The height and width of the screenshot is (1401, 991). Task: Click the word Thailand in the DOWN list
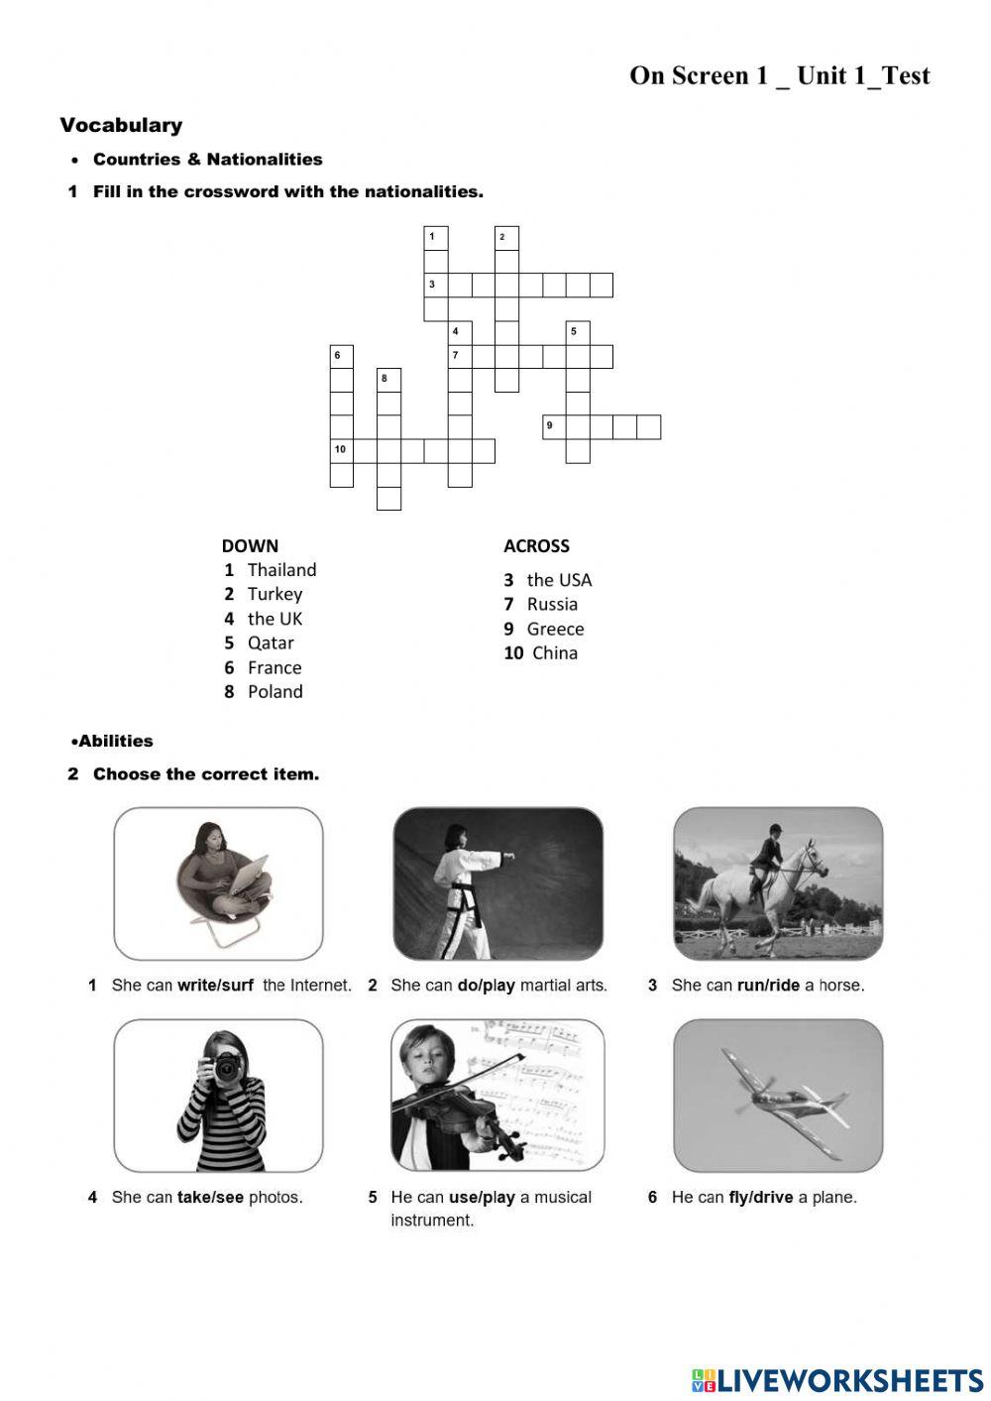pyautogui.click(x=281, y=570)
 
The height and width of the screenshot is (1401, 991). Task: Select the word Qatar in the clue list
pyautogui.click(x=271, y=642)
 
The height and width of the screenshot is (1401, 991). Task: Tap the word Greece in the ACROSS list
pyautogui.click(x=555, y=629)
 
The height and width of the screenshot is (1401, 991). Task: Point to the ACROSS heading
pyautogui.click(x=536, y=545)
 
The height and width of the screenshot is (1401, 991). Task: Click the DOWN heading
pyautogui.click(x=250, y=545)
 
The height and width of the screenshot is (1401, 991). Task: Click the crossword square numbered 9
pyautogui.click(x=554, y=427)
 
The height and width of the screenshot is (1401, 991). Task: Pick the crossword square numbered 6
pyautogui.click(x=341, y=356)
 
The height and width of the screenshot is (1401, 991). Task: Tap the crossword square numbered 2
pyautogui.click(x=506, y=238)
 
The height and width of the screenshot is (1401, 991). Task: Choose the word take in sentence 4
pyautogui.click(x=194, y=1198)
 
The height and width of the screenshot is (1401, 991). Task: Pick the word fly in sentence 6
pyautogui.click(x=738, y=1198)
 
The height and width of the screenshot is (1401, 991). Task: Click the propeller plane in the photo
pyautogui.click(x=783, y=1096)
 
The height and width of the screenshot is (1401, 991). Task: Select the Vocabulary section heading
pyautogui.click(x=121, y=126)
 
